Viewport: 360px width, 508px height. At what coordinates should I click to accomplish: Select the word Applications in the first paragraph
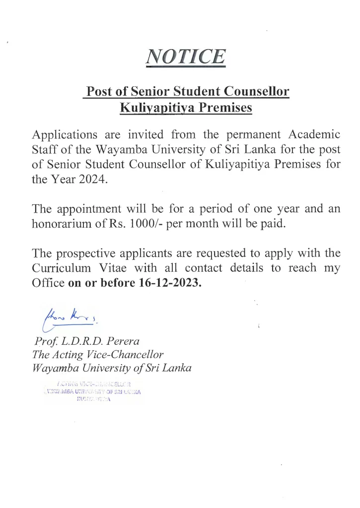[64, 135]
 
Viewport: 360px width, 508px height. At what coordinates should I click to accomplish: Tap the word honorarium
[64, 223]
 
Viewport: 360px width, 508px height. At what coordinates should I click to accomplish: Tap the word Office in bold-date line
[48, 283]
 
